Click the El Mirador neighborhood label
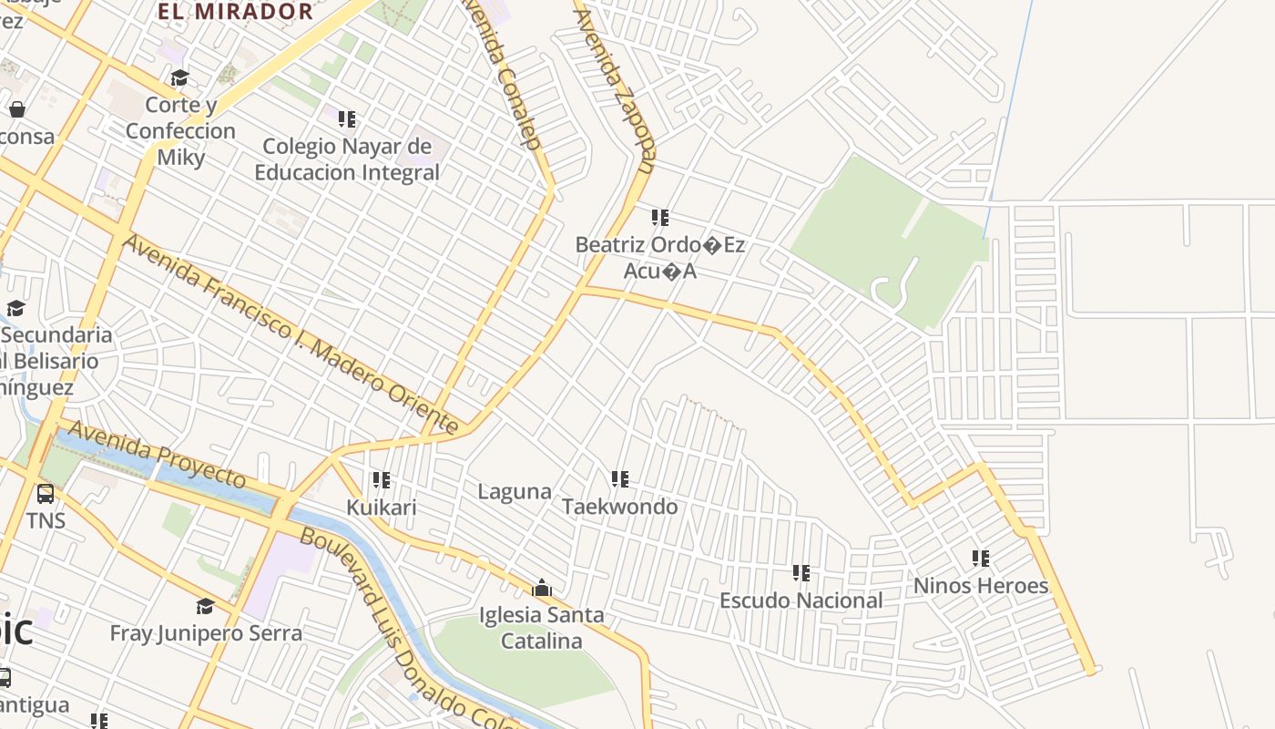tap(235, 12)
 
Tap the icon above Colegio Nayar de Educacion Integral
tap(347, 118)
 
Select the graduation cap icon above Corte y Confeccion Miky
tap(179, 78)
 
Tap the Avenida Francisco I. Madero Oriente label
tap(290, 334)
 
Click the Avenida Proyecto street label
tap(157, 453)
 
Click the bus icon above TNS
tap(45, 495)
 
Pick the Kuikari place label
tap(381, 507)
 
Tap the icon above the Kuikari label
tap(382, 479)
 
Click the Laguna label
tap(515, 492)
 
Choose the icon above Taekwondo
tap(620, 479)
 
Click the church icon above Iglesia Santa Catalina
tap(542, 588)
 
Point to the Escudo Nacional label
tap(801, 601)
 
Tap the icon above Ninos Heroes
tap(981, 559)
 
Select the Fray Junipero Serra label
tap(206, 632)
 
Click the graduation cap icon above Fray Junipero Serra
tap(206, 606)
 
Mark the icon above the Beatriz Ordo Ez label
tap(660, 218)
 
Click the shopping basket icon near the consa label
tap(17, 109)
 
